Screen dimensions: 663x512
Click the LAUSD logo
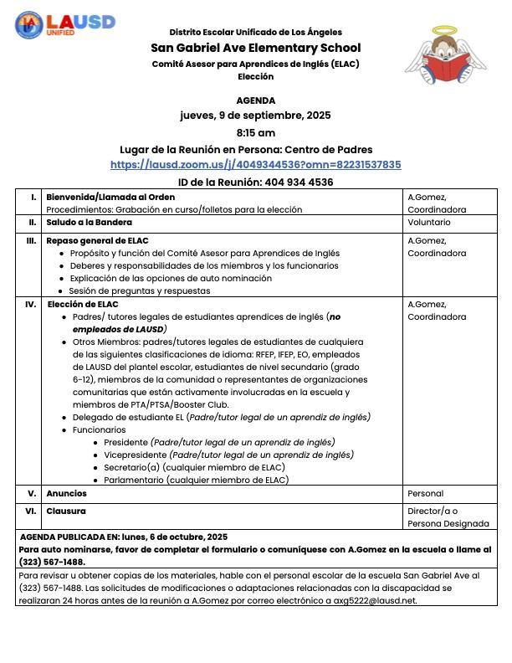tap(64, 23)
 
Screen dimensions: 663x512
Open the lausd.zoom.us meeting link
tap(255, 165)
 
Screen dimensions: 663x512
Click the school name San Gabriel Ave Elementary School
tap(255, 48)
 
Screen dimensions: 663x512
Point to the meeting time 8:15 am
tap(255, 132)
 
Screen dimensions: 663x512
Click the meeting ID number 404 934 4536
tap(299, 182)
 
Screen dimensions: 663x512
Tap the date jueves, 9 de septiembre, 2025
tap(255, 116)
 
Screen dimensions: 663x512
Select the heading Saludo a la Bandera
tap(89, 223)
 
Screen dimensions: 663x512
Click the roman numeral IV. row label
tap(30, 304)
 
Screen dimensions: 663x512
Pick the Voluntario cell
tap(428, 223)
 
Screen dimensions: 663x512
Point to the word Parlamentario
tap(134, 480)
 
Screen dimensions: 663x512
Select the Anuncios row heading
tap(66, 494)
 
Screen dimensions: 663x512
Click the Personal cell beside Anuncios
tap(425, 494)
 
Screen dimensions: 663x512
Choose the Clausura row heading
tap(66, 511)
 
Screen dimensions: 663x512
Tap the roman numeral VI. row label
tap(31, 511)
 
